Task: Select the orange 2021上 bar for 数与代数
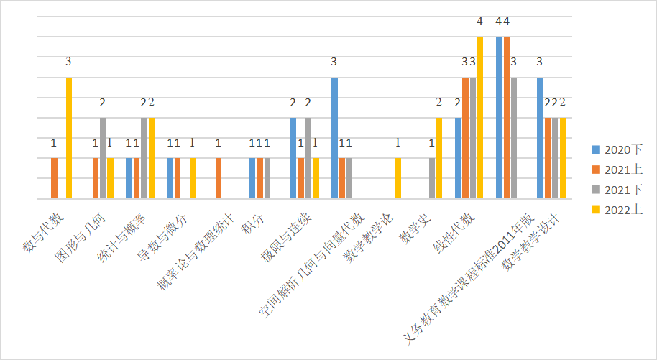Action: tap(54, 178)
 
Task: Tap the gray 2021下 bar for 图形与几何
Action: tap(103, 158)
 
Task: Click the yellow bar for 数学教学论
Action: tap(398, 178)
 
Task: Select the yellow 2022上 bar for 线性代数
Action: tap(480, 117)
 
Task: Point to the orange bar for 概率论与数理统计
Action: tap(219, 178)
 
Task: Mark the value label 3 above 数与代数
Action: tap(68, 62)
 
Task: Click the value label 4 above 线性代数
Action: tap(480, 21)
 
